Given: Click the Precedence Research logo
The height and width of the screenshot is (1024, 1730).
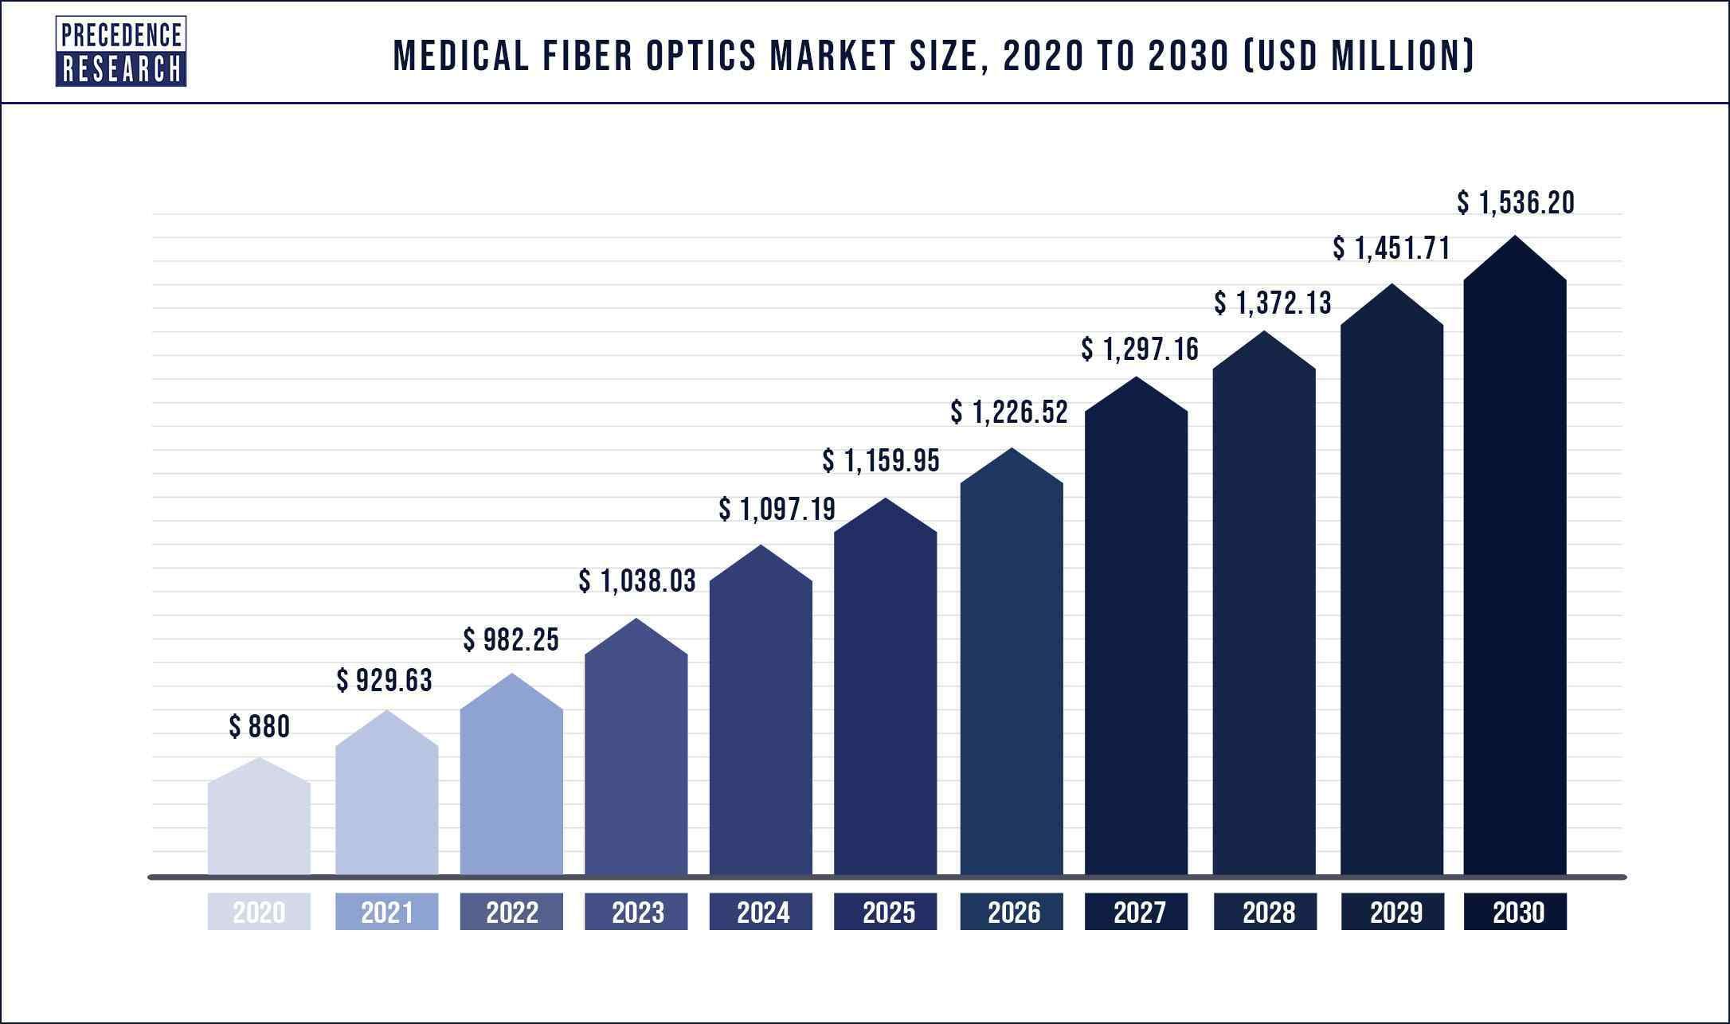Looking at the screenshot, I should coord(120,52).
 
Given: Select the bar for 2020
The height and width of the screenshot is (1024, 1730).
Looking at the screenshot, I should coord(259,824).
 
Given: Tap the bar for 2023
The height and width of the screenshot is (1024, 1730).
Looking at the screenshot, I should coord(636,756).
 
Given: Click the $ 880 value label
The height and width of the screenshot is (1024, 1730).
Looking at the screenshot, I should coord(260,727).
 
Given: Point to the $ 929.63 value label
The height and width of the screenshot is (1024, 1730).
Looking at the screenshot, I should coord(384,681).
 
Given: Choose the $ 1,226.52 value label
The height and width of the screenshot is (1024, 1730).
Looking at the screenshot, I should coord(1008,412).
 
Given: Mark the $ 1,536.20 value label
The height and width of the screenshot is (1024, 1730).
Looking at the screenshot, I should coord(1516,203).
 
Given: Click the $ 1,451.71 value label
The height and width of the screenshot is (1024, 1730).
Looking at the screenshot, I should coord(1391,249).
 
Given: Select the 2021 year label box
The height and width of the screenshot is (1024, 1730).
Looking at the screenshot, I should coord(386,912).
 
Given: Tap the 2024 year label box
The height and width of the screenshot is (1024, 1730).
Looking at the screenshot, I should coord(761,912).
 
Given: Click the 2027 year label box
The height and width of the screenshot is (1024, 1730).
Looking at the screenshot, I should coord(1137,912).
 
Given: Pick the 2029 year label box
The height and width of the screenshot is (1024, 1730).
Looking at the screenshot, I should coord(1392,912).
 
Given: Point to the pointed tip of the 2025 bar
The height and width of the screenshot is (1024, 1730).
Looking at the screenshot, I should coord(886,500).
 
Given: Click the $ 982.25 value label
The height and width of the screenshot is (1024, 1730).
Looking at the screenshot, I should coord(511,639).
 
